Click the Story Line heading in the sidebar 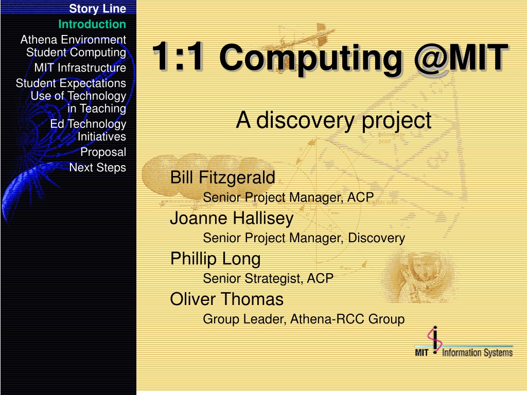click(x=97, y=9)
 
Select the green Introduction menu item click(x=92, y=24)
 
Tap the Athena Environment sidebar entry click(x=73, y=40)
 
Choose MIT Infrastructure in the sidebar click(x=80, y=68)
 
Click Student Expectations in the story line click(x=71, y=83)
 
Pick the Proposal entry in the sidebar click(x=103, y=152)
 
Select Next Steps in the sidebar click(x=97, y=167)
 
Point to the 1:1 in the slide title click(x=178, y=56)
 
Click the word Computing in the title click(x=310, y=59)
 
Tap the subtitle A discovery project click(x=333, y=120)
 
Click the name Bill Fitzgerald click(x=222, y=177)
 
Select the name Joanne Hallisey click(x=232, y=218)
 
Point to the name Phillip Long click(x=216, y=259)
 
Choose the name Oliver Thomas click(x=227, y=299)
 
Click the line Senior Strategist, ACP click(x=268, y=278)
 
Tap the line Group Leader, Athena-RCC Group click(x=304, y=319)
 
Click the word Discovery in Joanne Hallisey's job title click(x=376, y=238)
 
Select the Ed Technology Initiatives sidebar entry click(x=88, y=130)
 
